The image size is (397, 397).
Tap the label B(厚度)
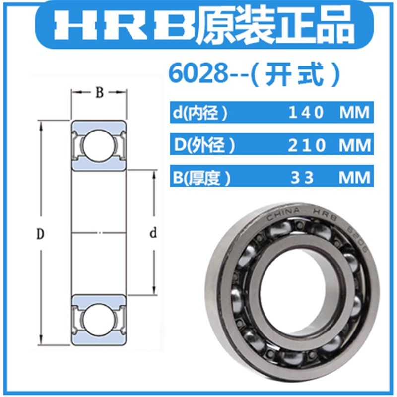[200, 177]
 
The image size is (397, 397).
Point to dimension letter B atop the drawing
[99, 93]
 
